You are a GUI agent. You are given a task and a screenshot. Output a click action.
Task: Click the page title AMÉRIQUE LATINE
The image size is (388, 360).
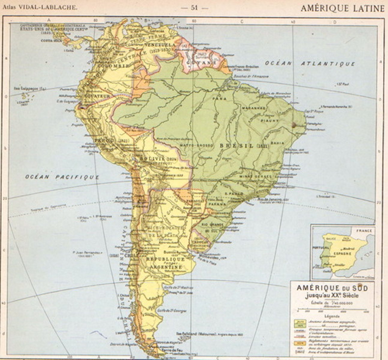pyautogui.click(x=342, y=8)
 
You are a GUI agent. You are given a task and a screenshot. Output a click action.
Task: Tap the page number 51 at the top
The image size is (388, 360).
pyautogui.click(x=194, y=8)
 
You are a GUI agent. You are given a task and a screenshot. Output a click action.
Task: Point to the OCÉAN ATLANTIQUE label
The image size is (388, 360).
pyautogui.click(x=310, y=64)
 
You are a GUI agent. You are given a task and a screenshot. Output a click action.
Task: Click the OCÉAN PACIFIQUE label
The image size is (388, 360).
pyautogui.click(x=62, y=177)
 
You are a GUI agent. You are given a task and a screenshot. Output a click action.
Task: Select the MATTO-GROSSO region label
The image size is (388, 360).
pyautogui.click(x=196, y=145)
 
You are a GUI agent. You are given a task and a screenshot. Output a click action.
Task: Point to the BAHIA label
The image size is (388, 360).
pyautogui.click(x=277, y=143)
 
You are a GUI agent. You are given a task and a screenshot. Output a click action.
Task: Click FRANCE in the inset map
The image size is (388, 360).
pyautogui.click(x=364, y=231)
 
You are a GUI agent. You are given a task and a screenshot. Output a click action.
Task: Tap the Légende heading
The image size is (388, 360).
pyautogui.click(x=332, y=316)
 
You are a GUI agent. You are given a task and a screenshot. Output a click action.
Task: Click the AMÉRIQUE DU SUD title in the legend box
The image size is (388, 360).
pyautogui.click(x=332, y=288)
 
